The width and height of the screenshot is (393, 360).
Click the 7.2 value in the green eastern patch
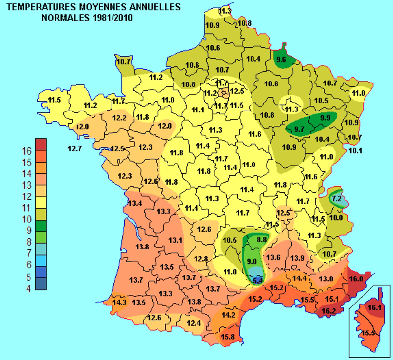[x=336, y=199]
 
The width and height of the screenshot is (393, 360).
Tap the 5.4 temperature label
[x=257, y=280]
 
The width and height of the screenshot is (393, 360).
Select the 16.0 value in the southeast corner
[x=356, y=278]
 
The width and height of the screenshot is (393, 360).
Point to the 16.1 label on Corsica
[x=375, y=308]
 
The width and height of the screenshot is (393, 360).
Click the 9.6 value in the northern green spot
[x=281, y=60]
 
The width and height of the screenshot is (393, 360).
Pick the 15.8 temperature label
[x=227, y=337]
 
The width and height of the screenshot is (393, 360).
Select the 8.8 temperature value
[x=262, y=239]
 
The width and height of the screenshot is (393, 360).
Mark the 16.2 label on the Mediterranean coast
[x=328, y=310]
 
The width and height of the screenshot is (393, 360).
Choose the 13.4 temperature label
[x=135, y=203]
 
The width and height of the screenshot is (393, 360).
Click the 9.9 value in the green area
[x=325, y=118]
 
